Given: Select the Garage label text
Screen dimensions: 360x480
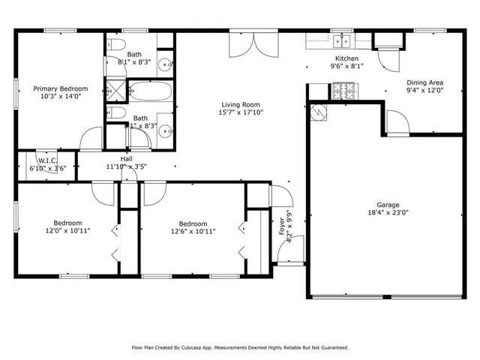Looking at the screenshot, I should click(388, 205).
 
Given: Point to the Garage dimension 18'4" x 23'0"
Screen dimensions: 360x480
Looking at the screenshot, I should click(388, 212).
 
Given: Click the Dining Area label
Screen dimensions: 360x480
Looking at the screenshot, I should click(424, 82).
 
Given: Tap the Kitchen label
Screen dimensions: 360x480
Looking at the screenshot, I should click(346, 58).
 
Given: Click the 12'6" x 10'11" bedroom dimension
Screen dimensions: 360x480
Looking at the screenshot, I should click(193, 231).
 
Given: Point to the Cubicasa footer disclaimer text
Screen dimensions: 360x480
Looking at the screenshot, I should click(240, 347).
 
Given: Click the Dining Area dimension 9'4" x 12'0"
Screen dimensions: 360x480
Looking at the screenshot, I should click(424, 90).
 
